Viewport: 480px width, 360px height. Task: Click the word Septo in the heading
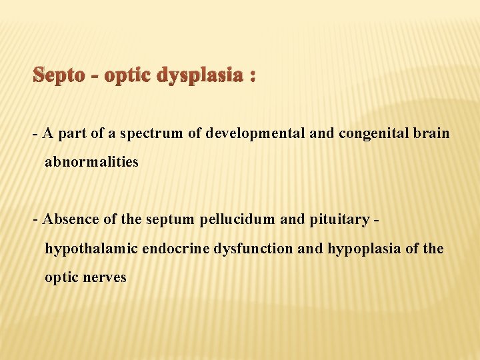point(59,75)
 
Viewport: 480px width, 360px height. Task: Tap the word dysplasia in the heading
point(203,75)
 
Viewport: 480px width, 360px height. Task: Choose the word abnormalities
point(91,162)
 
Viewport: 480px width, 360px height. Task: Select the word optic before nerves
point(59,277)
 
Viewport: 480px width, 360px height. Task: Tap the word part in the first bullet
point(73,134)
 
